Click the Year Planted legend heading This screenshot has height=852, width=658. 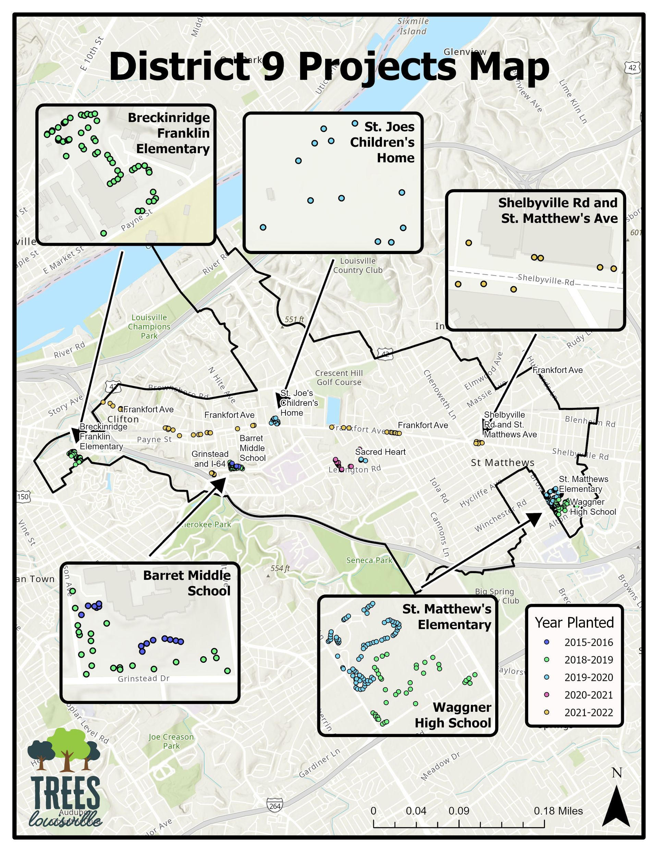(574, 623)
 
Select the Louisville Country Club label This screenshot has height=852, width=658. (358, 265)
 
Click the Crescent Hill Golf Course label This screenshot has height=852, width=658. (339, 377)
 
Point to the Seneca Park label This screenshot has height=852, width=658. (369, 560)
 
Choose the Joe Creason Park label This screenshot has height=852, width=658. (171, 741)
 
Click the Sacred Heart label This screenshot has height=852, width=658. (380, 452)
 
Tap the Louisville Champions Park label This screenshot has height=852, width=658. (149, 326)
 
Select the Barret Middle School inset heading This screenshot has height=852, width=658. (187, 583)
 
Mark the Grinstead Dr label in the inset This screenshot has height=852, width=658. (144, 679)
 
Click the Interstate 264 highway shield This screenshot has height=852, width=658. (275, 805)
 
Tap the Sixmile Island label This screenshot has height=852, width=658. (413, 26)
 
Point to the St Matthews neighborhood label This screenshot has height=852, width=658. (502, 463)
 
